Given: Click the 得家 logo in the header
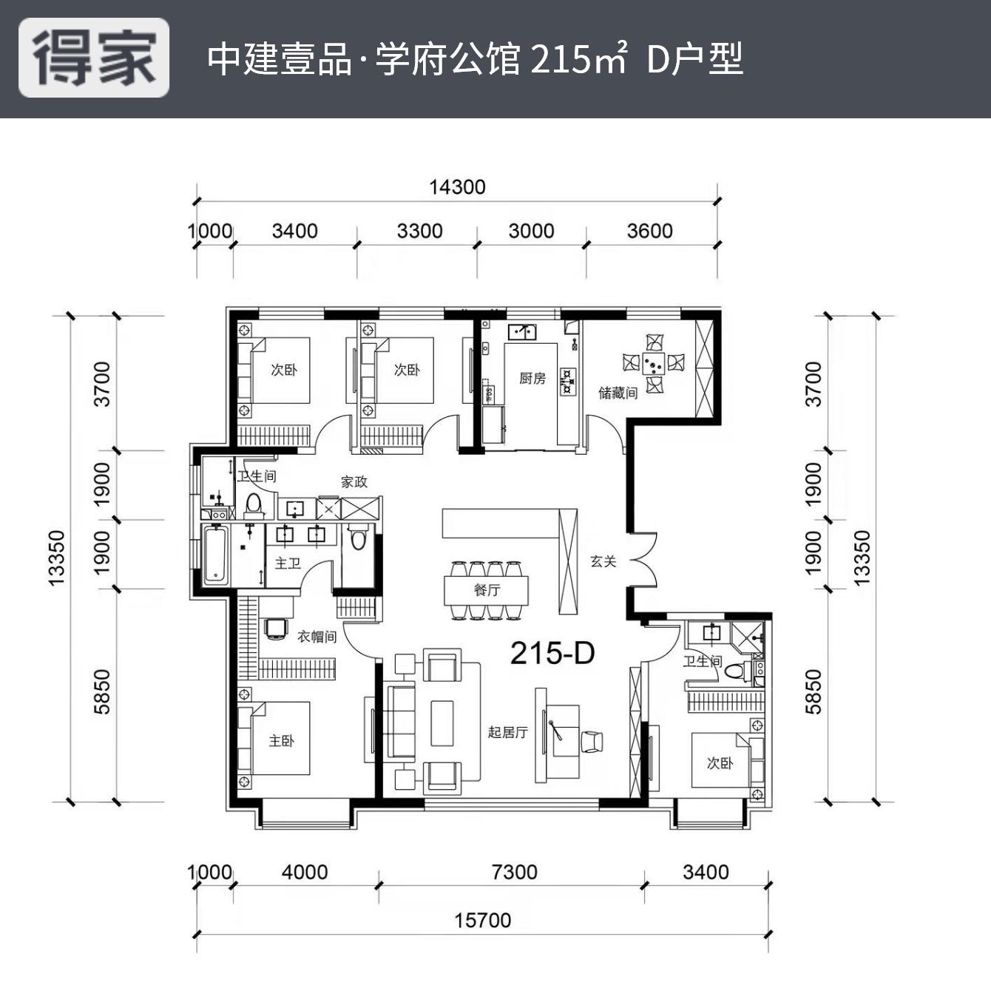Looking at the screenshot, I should (94, 58).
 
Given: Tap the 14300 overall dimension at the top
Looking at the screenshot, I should (457, 187).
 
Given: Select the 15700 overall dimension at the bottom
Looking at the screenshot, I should (482, 920).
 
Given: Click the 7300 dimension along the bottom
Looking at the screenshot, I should (514, 872).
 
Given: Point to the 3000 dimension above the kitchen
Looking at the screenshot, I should (531, 231).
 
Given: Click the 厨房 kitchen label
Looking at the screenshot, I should (532, 379).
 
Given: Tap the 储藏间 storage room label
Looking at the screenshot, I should (618, 393).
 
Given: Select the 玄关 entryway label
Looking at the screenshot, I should (603, 561).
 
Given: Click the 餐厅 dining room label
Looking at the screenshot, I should (487, 590).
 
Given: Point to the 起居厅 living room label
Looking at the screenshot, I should (507, 732).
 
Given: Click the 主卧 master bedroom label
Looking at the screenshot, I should (281, 740).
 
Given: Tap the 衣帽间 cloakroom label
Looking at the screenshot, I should (317, 636).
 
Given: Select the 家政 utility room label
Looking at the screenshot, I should (354, 482).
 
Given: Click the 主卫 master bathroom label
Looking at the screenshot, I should (288, 563).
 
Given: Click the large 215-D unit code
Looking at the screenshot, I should (552, 653).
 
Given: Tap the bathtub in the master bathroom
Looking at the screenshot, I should (215, 554).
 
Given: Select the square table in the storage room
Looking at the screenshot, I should (654, 363).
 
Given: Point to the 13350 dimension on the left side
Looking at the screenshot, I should (57, 558).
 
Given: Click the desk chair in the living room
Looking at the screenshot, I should (592, 741).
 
